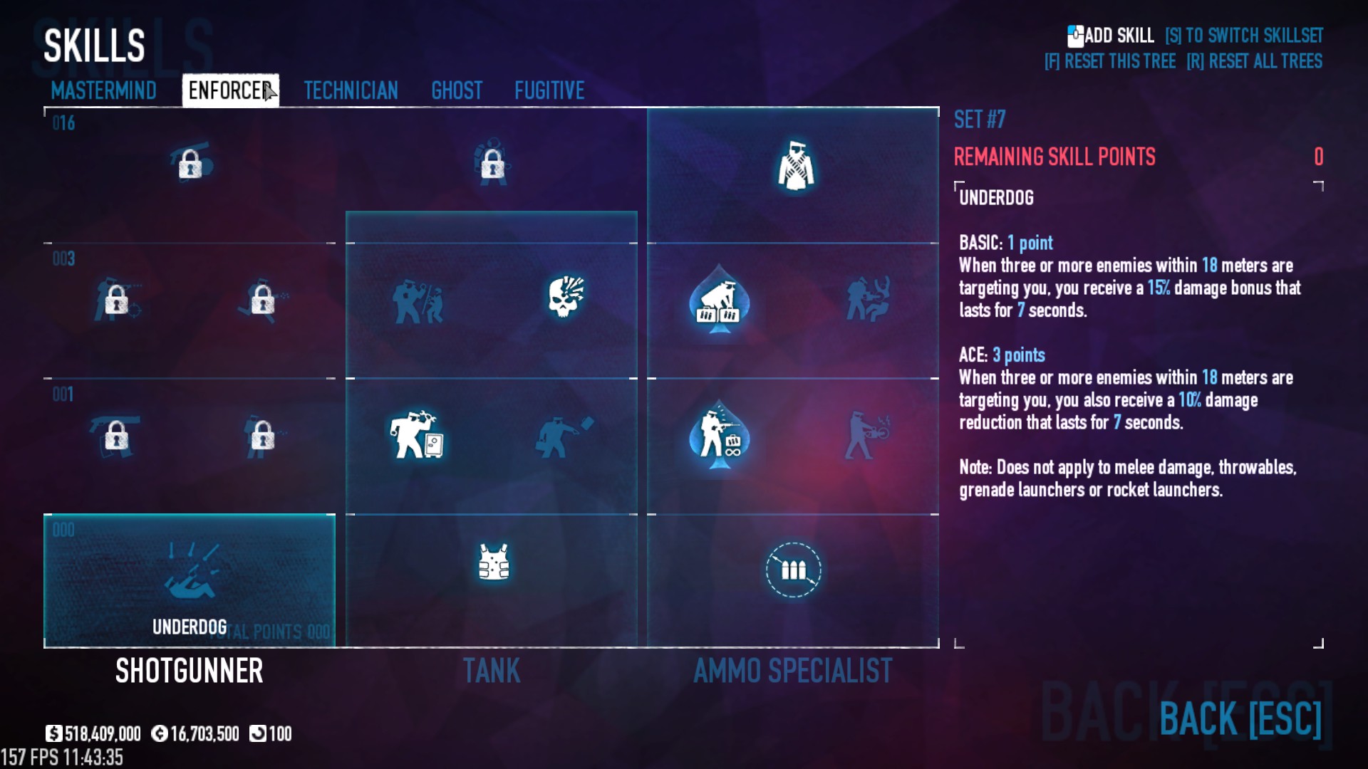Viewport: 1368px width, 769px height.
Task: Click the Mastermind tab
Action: (104, 90)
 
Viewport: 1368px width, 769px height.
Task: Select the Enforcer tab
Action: (229, 90)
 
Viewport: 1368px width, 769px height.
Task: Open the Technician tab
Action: (351, 90)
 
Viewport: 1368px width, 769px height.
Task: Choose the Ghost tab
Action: (457, 90)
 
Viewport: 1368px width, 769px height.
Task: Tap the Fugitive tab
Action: (549, 90)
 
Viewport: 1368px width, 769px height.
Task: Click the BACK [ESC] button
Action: (1240, 718)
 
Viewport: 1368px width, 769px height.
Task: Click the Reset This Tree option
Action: (1110, 61)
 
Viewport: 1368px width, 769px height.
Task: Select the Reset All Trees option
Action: (1254, 61)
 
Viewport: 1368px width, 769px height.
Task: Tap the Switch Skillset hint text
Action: (1244, 36)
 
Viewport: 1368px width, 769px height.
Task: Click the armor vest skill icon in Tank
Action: (494, 563)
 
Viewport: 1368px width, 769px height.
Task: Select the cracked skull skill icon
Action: (566, 296)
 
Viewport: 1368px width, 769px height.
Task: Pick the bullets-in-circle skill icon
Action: (793, 570)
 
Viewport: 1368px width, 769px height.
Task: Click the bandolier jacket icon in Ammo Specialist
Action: (795, 167)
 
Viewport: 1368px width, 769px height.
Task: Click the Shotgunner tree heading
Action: (190, 671)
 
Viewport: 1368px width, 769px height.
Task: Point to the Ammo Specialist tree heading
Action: (792, 671)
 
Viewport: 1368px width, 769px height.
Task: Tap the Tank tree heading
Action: (492, 671)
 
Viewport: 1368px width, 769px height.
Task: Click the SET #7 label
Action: (980, 120)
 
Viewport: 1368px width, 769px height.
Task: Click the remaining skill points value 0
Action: (1318, 157)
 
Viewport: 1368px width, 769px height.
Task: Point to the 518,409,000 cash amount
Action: (102, 734)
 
